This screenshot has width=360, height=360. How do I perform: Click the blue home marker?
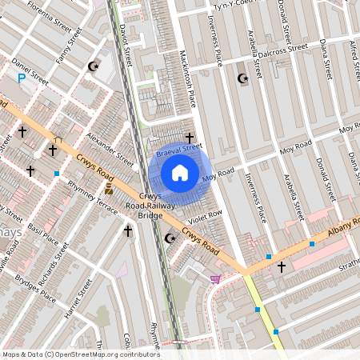180,173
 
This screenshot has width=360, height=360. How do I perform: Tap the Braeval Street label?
178,149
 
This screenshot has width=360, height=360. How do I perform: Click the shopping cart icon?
214,279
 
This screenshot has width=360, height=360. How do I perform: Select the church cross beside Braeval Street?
190,138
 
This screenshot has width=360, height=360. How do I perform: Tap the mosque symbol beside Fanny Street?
94,66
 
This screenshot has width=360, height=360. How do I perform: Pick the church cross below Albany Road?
282,266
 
